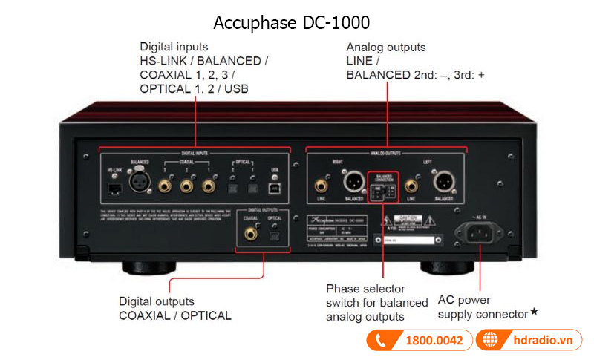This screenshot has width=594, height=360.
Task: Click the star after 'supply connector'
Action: (535, 312)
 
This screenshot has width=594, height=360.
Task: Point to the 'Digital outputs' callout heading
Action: (157, 301)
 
